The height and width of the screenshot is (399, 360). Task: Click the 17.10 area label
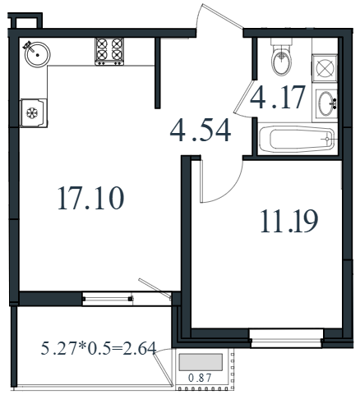pyautogui.click(x=91, y=198)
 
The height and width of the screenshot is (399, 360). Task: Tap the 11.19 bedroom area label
pyautogui.click(x=289, y=221)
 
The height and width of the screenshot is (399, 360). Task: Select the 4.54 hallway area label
pyautogui.click(x=201, y=131)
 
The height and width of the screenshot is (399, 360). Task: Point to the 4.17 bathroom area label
pyautogui.click(x=278, y=97)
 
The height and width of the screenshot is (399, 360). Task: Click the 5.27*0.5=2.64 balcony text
pyautogui.click(x=99, y=348)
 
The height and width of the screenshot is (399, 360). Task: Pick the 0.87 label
pyautogui.click(x=200, y=378)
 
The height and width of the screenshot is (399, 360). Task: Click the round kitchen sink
pyautogui.click(x=37, y=54)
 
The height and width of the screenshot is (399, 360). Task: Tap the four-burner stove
pyautogui.click(x=109, y=52)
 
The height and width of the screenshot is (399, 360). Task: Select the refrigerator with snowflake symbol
pyautogui.click(x=34, y=112)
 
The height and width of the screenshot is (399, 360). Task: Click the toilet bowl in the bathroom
pyautogui.click(x=281, y=59)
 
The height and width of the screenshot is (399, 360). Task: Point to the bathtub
pyautogui.click(x=298, y=139)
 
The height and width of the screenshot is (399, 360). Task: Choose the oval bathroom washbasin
pyautogui.click(x=327, y=104)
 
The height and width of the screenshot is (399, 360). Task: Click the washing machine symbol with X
pyautogui.click(x=325, y=68)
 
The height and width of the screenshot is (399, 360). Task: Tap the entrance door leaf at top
pyautogui.click(x=221, y=16)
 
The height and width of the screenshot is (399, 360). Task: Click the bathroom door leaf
pyautogui.click(x=243, y=95)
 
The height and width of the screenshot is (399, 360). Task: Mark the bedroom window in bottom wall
pyautogui.click(x=286, y=338)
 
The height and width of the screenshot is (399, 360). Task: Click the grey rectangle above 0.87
pyautogui.click(x=201, y=362)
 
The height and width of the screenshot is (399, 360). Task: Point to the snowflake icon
pyautogui.click(x=32, y=112)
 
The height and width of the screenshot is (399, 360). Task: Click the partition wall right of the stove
pyautogui.click(x=157, y=73)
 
